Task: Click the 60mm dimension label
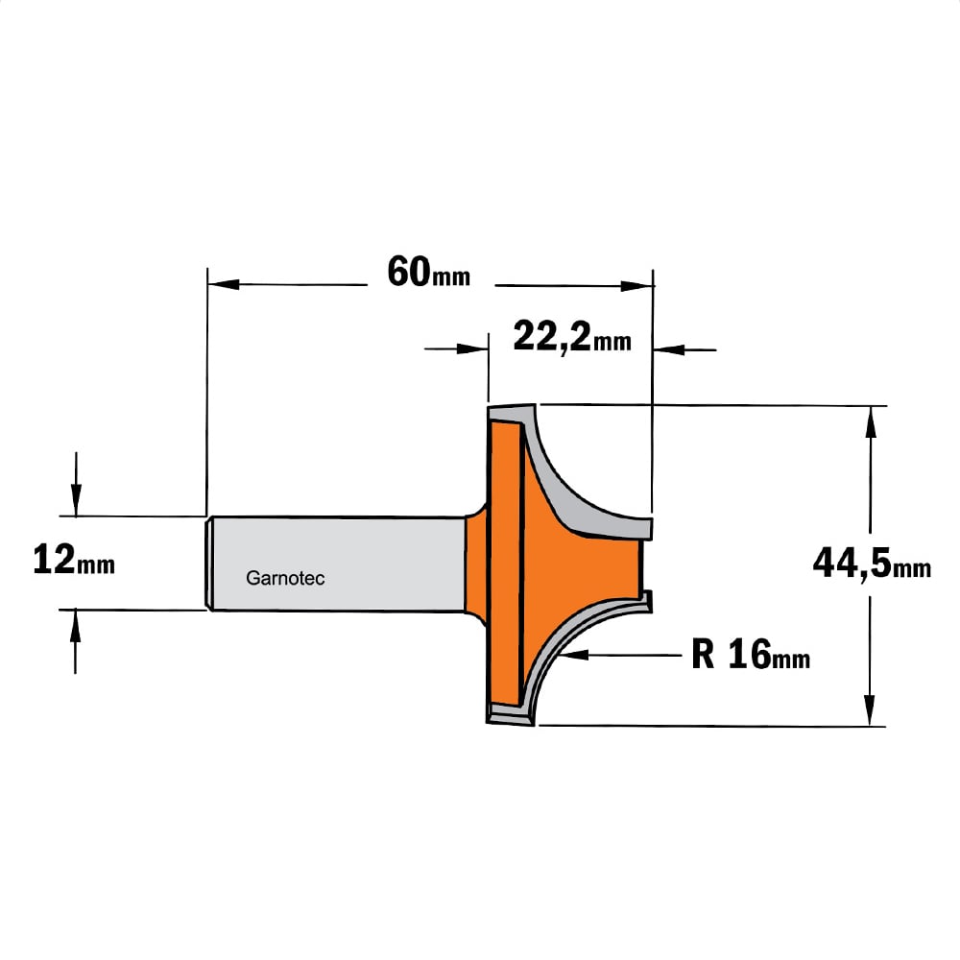(428, 273)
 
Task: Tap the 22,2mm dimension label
(572, 337)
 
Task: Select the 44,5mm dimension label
(872, 564)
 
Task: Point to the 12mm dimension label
(74, 561)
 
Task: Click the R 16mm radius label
(751, 655)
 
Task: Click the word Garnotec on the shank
(285, 578)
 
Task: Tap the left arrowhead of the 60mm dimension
(224, 285)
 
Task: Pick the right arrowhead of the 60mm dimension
(636, 286)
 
